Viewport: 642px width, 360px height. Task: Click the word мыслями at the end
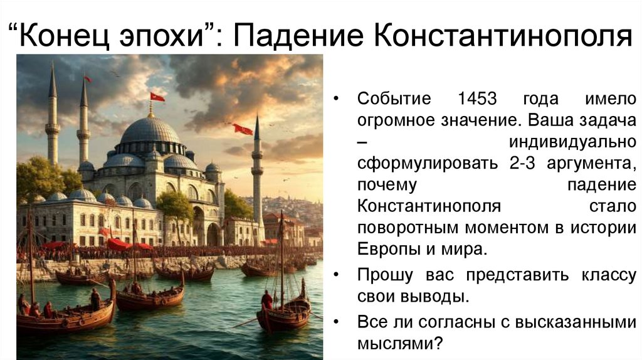click(x=394, y=343)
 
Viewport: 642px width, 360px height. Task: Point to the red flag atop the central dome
click(x=157, y=97)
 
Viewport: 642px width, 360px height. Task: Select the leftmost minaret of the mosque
click(x=53, y=119)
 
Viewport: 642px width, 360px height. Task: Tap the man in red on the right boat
click(x=268, y=300)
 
